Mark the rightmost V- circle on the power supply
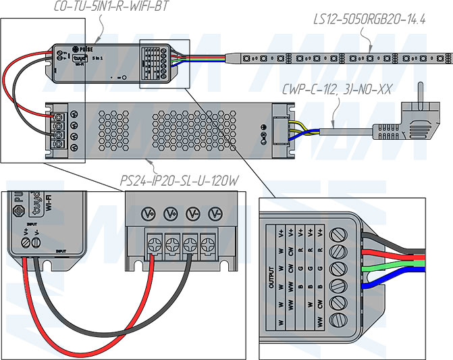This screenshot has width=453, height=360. coord(215,214)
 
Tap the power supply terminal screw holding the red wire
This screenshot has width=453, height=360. coord(154,242)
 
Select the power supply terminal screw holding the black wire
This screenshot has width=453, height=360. coord(192,242)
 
